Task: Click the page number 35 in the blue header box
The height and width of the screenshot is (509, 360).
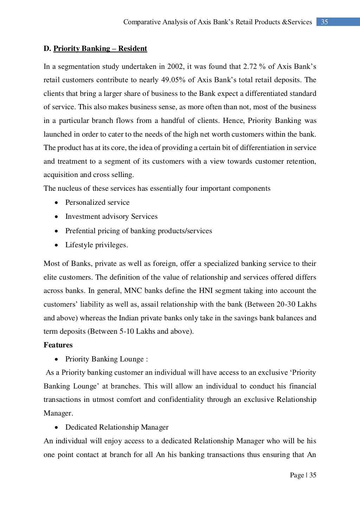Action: tap(324, 22)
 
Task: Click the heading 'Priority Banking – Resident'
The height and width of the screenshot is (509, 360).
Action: tap(100, 48)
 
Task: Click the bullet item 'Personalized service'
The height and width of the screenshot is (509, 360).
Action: tap(97, 202)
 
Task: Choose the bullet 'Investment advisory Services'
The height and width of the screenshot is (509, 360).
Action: tap(111, 216)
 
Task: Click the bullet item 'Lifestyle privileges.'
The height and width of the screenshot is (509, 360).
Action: tap(97, 245)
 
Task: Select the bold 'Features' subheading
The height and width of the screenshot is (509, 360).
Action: tap(58, 345)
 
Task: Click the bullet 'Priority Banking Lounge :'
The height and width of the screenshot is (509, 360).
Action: tap(107, 359)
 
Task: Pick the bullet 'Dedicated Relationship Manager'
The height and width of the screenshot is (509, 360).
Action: tap(117, 427)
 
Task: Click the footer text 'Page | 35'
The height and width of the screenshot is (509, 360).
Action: tap(303, 475)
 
